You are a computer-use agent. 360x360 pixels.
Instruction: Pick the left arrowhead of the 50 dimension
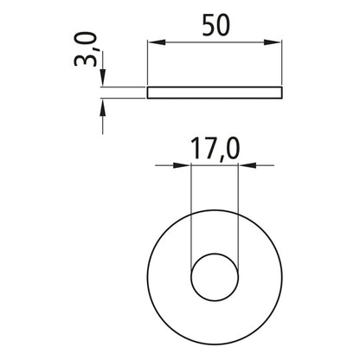click(x=152, y=41)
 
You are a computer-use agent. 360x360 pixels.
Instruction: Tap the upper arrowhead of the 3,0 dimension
click(x=102, y=80)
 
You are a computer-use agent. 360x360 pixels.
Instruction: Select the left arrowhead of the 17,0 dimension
click(x=183, y=164)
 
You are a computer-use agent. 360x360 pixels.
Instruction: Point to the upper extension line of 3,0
click(x=121, y=87)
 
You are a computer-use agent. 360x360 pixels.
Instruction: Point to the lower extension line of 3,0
click(x=121, y=97)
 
